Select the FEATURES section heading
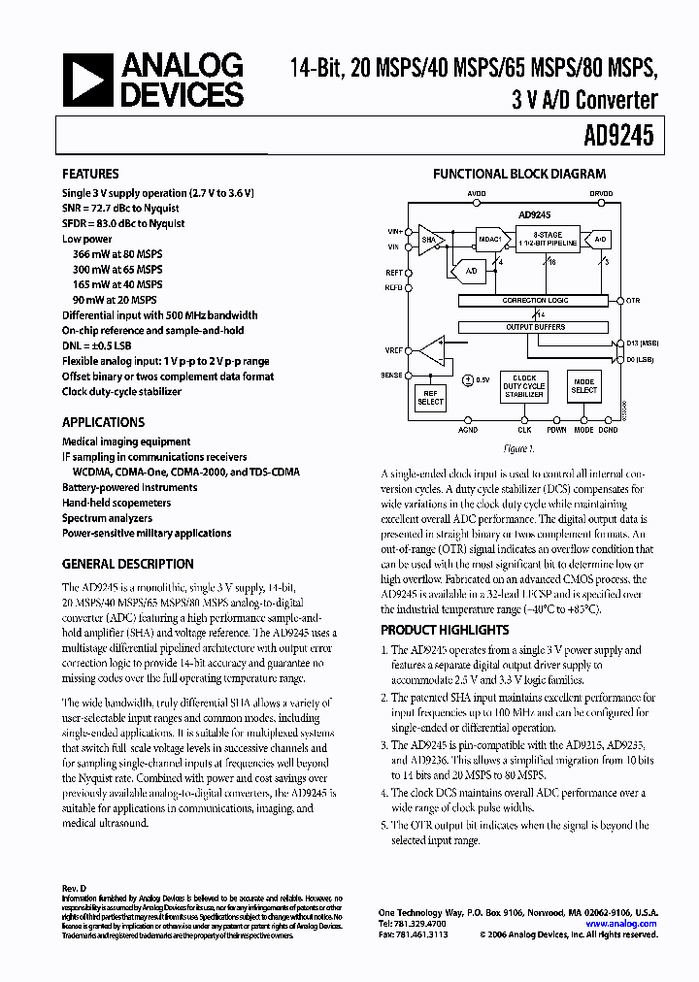point(90,175)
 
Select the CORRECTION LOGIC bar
point(536,301)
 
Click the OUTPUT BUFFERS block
point(536,327)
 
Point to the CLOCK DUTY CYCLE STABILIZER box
point(524,387)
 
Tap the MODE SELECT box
point(584,386)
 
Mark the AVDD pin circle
point(476,204)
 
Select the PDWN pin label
point(555,429)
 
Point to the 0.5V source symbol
point(467,380)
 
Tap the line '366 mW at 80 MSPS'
point(117,253)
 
